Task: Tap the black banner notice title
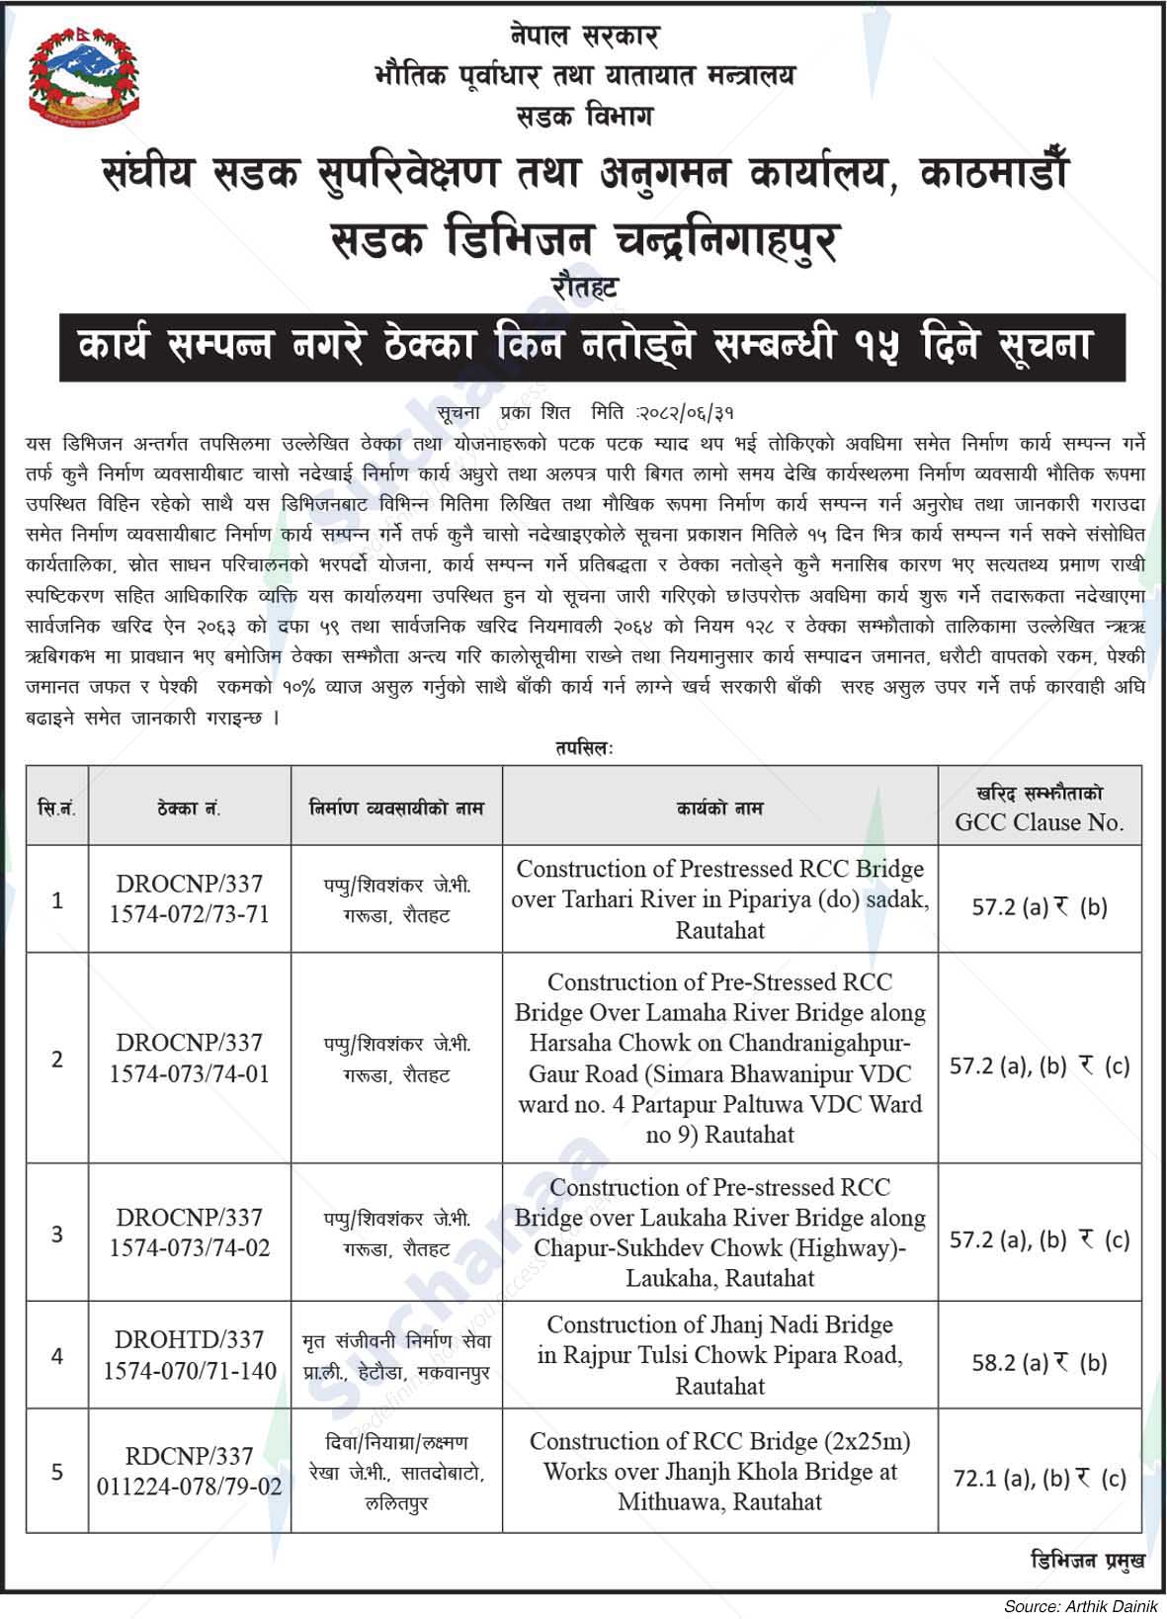point(592,347)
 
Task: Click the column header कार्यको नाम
point(719,808)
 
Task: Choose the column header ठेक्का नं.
point(189,808)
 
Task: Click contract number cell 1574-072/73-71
point(189,914)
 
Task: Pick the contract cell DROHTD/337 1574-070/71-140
point(189,1355)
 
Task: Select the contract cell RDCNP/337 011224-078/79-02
point(189,1471)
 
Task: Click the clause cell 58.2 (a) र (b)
point(1040,1363)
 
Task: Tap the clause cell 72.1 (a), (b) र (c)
point(1040,1479)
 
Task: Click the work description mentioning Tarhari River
point(719,898)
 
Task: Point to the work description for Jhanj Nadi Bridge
point(719,1355)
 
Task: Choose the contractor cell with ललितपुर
point(396,1473)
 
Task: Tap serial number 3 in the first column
point(57,1234)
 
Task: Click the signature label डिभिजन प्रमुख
point(1087,1560)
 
